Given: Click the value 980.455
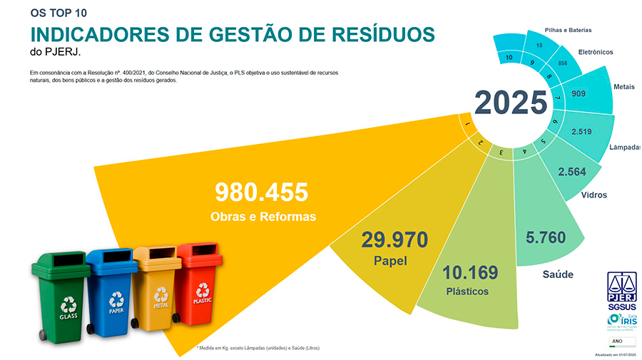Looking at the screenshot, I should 262,192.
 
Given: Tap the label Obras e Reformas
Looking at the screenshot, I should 263,216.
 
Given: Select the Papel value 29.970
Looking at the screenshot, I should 394,240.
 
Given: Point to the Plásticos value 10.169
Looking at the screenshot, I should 470,273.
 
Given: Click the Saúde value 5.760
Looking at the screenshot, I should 546,238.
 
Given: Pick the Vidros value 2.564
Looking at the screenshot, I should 581,172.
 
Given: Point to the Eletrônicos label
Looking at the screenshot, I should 595,52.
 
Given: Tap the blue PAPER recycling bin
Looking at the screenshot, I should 112,289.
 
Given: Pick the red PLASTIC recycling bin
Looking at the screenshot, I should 200,284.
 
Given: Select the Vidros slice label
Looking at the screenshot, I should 593,195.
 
